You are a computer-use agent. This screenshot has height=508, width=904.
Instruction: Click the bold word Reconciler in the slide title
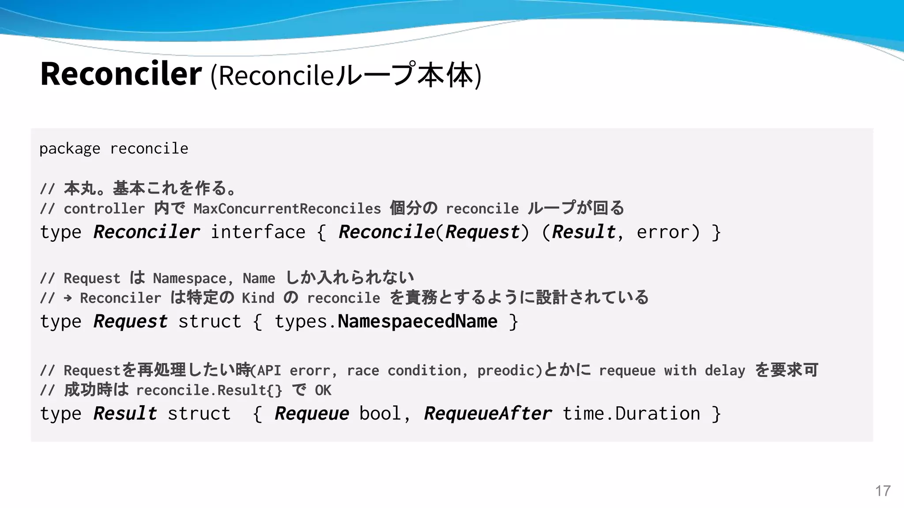coord(121,74)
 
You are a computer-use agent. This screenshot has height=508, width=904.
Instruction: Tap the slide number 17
coord(883,491)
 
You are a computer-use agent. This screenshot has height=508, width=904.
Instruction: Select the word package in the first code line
coord(70,149)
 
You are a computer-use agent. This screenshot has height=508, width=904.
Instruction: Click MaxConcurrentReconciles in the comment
coord(287,209)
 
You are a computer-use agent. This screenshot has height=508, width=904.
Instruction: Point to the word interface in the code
coord(258,232)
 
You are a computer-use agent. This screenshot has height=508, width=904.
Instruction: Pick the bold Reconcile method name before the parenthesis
coord(386,232)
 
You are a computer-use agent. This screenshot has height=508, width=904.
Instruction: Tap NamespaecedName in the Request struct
coord(417,321)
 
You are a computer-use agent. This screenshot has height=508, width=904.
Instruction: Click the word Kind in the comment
coord(258,298)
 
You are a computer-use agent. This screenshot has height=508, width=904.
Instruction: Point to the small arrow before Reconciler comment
coord(68,298)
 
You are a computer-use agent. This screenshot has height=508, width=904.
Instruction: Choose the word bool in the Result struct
coord(380,414)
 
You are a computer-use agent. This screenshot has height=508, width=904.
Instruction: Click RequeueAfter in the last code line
coord(488,414)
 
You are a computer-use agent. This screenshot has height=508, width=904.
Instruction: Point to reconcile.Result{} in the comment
coord(209,390)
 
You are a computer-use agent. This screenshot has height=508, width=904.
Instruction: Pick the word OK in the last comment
coord(323,390)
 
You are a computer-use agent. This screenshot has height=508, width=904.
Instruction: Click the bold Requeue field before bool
coord(312,414)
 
